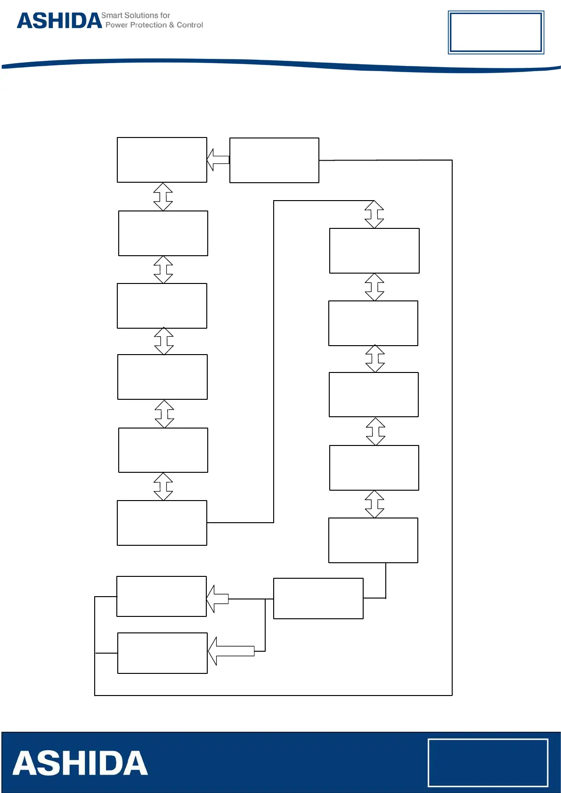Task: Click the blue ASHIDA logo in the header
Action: click(59, 21)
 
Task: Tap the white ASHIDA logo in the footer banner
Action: click(80, 763)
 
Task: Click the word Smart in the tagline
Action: click(112, 16)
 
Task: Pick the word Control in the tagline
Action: click(190, 25)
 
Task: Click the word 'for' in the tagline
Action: click(165, 16)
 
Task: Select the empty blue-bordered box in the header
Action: click(496, 32)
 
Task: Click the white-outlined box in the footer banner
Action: click(488, 762)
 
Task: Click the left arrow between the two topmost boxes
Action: click(218, 160)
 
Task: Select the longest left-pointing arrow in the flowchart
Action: click(231, 651)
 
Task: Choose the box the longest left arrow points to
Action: click(162, 653)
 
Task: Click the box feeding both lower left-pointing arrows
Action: click(318, 599)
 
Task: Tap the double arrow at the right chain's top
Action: click(374, 214)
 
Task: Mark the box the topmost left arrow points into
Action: click(162, 160)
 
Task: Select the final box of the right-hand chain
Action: click(373, 540)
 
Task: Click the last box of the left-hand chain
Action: click(162, 523)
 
